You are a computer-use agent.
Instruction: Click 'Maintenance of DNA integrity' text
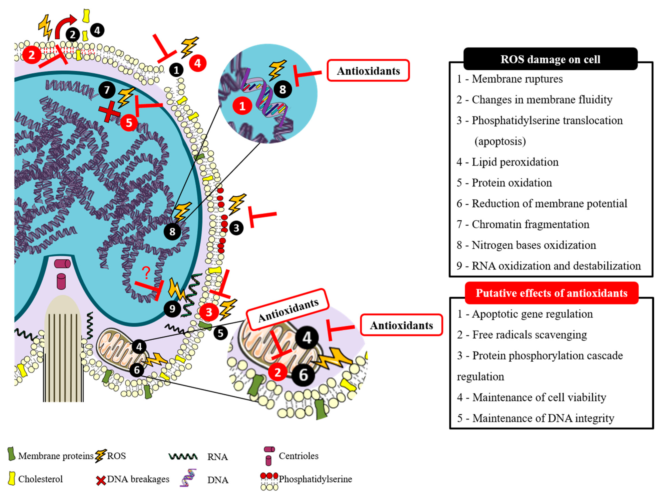point(543,418)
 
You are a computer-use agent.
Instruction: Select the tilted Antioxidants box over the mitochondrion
point(288,310)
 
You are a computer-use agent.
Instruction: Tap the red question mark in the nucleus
point(146,272)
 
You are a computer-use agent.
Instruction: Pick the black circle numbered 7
point(106,90)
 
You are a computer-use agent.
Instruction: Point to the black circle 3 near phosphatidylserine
point(236,228)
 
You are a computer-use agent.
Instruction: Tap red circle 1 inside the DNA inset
point(242,106)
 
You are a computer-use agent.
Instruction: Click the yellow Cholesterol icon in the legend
point(12,479)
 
